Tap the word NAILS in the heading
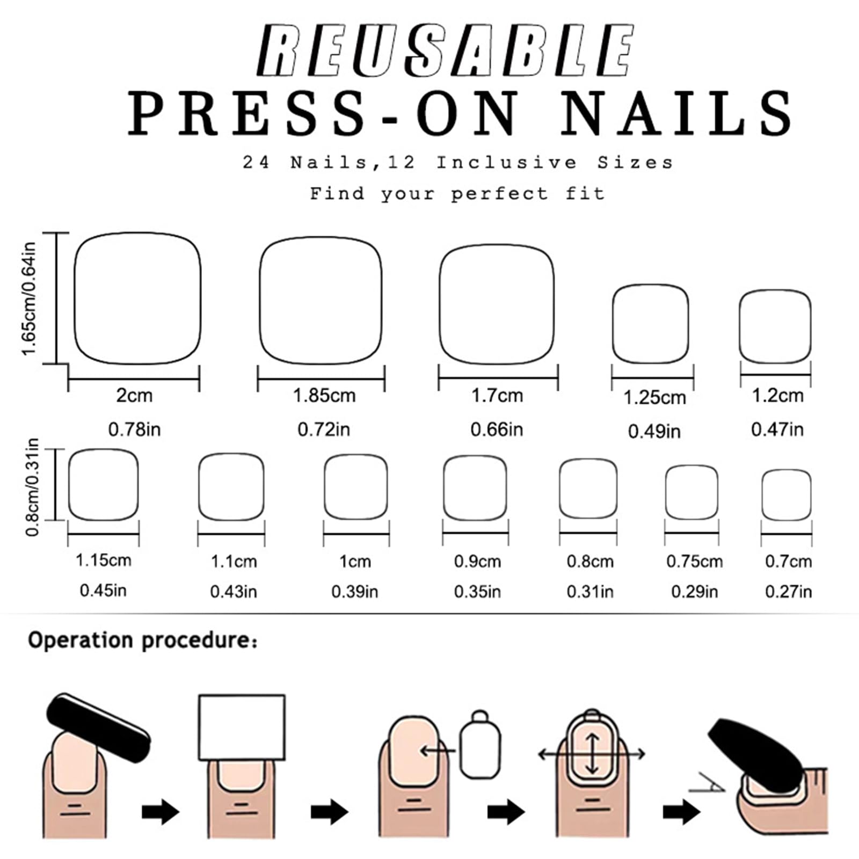[x=678, y=113]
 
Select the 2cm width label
[x=134, y=396]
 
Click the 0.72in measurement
[x=324, y=429]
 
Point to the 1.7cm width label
[x=497, y=396]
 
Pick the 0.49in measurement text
[x=654, y=431]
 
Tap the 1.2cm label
[x=777, y=396]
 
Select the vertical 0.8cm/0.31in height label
[x=32, y=487]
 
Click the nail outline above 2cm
[x=75, y=299]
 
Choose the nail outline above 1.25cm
[x=613, y=324]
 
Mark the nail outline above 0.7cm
[x=762, y=495]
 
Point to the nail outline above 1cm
[x=325, y=487]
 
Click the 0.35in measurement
[x=477, y=592]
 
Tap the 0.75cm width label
[x=694, y=562]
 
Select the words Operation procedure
[x=143, y=640]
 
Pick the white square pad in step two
[x=242, y=727]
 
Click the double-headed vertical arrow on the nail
[x=592, y=754]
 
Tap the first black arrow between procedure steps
[x=160, y=811]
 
